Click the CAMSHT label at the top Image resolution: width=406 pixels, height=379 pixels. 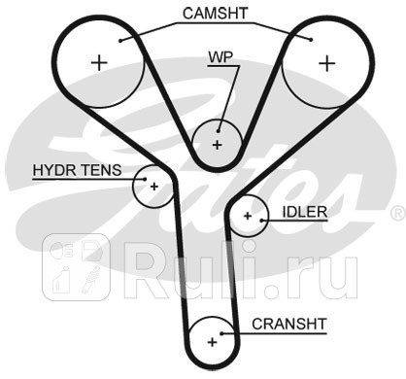coord(214,14)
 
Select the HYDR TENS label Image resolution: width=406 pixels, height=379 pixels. coord(77,169)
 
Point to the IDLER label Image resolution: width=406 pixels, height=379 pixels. coord(304,210)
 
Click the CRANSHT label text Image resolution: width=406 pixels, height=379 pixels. coord(288,323)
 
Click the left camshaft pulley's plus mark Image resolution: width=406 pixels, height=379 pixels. coord(98,63)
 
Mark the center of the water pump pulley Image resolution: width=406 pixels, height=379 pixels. coord(217,144)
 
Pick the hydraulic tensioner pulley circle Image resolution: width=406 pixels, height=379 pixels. coord(153,185)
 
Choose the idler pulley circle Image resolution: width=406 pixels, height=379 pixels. coord(248,215)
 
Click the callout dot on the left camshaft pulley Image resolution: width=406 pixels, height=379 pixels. coord(121,40)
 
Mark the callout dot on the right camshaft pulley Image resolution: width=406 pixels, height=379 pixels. coord(310,40)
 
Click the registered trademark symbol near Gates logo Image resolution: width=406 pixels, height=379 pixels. coord(397,212)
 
